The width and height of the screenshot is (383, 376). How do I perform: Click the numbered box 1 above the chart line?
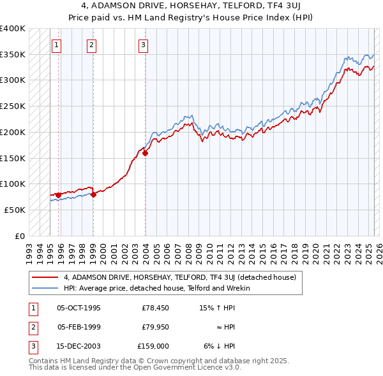pos(57,45)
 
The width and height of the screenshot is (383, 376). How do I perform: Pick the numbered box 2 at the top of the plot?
pos(92,45)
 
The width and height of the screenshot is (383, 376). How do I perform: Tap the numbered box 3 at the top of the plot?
pos(143,45)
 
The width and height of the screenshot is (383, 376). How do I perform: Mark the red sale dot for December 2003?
pos(145,153)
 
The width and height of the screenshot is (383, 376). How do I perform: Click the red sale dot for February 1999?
pos(93,194)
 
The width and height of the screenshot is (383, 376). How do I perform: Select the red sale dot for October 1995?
pos(58,195)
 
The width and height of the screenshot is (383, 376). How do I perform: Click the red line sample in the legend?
pos(45,278)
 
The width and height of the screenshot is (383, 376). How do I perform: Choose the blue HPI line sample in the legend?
pos(45,288)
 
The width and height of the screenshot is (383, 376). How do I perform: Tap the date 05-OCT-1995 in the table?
pos(79,308)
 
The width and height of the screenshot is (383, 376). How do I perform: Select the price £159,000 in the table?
pos(153,347)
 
